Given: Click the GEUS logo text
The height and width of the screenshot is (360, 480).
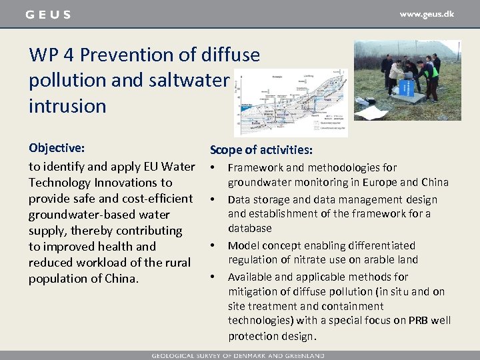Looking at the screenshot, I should click(x=47, y=15).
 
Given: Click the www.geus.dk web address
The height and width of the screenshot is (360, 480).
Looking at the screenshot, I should click(x=427, y=14).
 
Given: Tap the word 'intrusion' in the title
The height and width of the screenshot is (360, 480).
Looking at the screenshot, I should click(x=67, y=105).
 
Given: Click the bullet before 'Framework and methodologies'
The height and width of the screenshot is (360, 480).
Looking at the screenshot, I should click(x=213, y=167).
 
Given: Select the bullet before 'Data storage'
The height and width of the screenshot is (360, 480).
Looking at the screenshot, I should click(x=213, y=199).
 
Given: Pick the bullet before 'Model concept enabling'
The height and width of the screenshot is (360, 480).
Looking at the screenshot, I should click(x=213, y=245).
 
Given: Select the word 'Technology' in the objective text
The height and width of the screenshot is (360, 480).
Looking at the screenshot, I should click(x=60, y=183).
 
